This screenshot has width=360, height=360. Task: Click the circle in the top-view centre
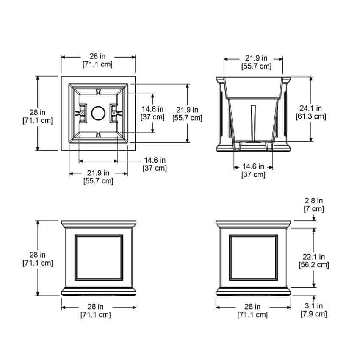(x=98, y=106)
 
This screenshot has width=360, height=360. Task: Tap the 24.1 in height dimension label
(x=310, y=108)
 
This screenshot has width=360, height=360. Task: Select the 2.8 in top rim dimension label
(x=313, y=201)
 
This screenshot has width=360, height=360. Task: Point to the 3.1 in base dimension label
(x=313, y=306)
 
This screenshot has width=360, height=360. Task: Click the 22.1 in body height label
(x=313, y=257)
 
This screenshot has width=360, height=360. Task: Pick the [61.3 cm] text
(x=310, y=116)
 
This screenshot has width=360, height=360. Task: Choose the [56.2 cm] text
(x=313, y=265)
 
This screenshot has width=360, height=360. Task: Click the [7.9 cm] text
(x=313, y=314)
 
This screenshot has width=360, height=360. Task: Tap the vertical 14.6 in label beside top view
(x=152, y=109)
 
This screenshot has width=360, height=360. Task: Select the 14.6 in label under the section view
(x=253, y=166)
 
